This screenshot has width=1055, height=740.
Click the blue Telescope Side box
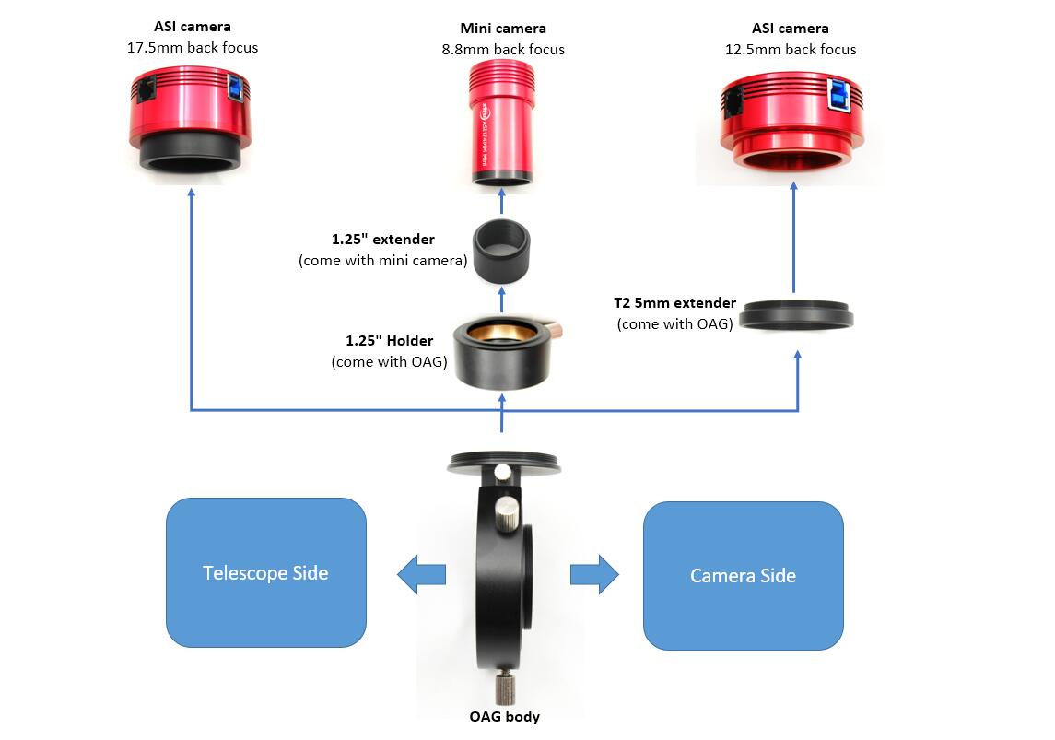(265, 572)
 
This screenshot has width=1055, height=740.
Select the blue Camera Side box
(743, 576)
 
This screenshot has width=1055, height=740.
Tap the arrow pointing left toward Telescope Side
(421, 575)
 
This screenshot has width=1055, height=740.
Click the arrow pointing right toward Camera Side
(594, 575)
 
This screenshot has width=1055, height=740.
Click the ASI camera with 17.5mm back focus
(191, 120)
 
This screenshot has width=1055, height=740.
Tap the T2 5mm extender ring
(797, 314)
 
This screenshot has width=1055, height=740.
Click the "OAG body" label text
(503, 716)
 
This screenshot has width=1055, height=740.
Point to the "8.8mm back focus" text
(503, 50)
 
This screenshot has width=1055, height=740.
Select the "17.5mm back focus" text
(193, 47)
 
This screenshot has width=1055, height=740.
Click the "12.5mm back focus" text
(791, 50)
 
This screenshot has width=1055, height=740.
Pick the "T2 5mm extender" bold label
(674, 303)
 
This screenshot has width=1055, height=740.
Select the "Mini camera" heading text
(503, 29)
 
